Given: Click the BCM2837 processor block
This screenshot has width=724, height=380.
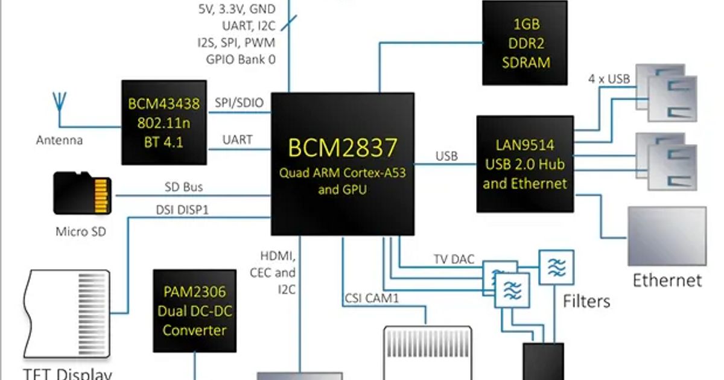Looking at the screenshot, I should click(342, 163).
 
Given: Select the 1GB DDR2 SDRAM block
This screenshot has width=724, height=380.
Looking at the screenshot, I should click(524, 43).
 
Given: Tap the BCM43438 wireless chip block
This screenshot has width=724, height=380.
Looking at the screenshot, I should click(164, 122).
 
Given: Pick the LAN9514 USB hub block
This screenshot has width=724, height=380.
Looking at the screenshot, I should click(525, 163).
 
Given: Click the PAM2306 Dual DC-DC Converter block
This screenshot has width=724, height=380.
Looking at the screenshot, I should click(194, 311).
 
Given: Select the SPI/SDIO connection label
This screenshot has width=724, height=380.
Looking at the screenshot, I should click(239, 103).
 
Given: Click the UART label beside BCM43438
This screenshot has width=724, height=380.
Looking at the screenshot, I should click(238, 140).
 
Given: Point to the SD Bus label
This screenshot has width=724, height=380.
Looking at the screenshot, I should click(183, 188).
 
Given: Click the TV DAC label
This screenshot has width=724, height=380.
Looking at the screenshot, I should click(454, 259).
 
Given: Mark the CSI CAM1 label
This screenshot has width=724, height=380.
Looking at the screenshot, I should click(372, 297).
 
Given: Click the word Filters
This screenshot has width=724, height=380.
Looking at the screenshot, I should click(586, 300).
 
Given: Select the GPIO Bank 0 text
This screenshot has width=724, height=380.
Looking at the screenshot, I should click(241, 59).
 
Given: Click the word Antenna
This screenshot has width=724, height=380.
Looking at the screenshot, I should click(59, 141).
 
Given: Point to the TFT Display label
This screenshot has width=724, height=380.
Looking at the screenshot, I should click(68, 373).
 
